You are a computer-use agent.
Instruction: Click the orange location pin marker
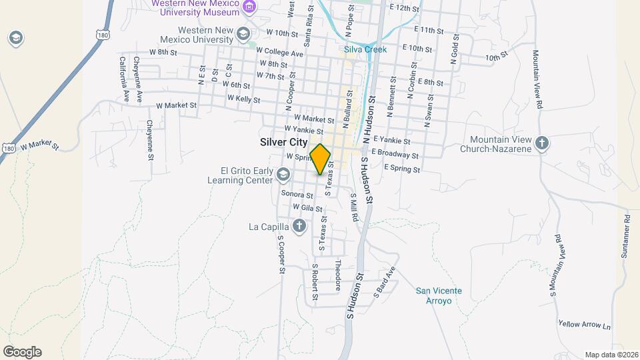pyautogui.click(x=321, y=159)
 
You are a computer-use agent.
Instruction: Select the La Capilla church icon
pyautogui.click(x=299, y=226)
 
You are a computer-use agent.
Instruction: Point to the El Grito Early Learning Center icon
pyautogui.click(x=283, y=175)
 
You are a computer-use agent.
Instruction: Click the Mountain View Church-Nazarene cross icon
pyautogui.click(x=543, y=143)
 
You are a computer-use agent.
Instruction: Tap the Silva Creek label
pyautogui.click(x=361, y=49)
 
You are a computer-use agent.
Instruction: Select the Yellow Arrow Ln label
pyautogui.click(x=585, y=325)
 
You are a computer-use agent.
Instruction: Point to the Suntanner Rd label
pyautogui.click(x=627, y=237)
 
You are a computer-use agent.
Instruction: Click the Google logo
pyautogui.click(x=22, y=352)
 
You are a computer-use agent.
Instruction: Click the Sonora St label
pyautogui.click(x=297, y=195)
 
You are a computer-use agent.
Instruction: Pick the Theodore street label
pyautogui.click(x=338, y=274)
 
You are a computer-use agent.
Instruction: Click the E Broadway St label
pyautogui.click(x=395, y=153)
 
